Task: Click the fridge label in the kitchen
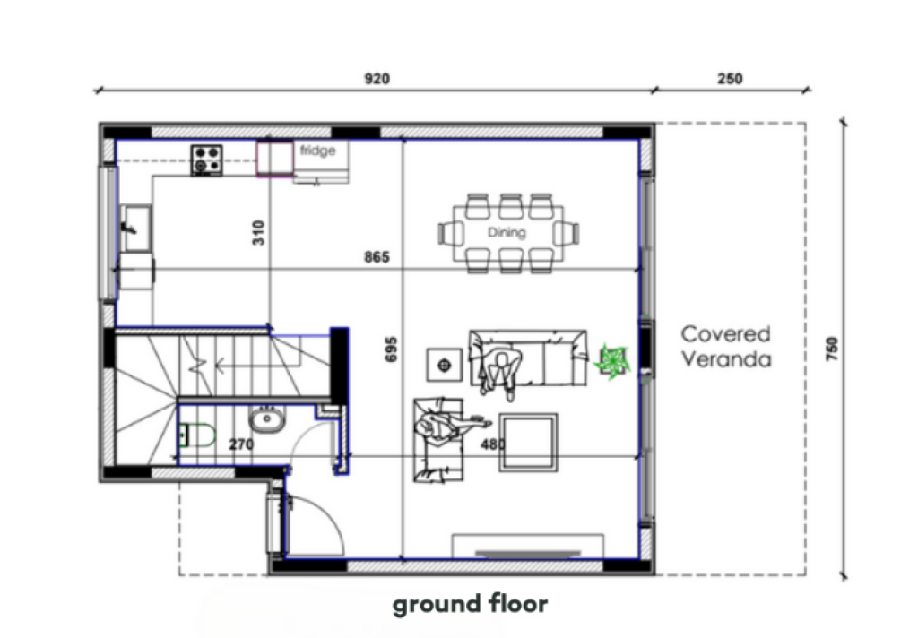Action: coord(318,151)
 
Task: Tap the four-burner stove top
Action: coord(207,159)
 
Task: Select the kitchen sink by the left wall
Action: coord(136,228)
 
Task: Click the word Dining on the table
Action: coord(507,232)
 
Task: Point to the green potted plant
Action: coord(612,361)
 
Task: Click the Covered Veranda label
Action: coord(726,346)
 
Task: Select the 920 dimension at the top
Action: coord(377,79)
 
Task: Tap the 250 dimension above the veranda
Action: coord(730,79)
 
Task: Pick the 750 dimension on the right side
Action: coord(832,349)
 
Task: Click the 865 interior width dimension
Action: coord(377,257)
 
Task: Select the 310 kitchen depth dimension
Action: coord(258,233)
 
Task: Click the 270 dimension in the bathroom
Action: coord(241,444)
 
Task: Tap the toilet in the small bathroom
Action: coord(196,435)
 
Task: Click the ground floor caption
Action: coord(470,604)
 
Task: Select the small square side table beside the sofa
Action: coord(444,366)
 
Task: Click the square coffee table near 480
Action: coord(528,443)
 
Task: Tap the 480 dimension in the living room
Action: coord(493,444)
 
